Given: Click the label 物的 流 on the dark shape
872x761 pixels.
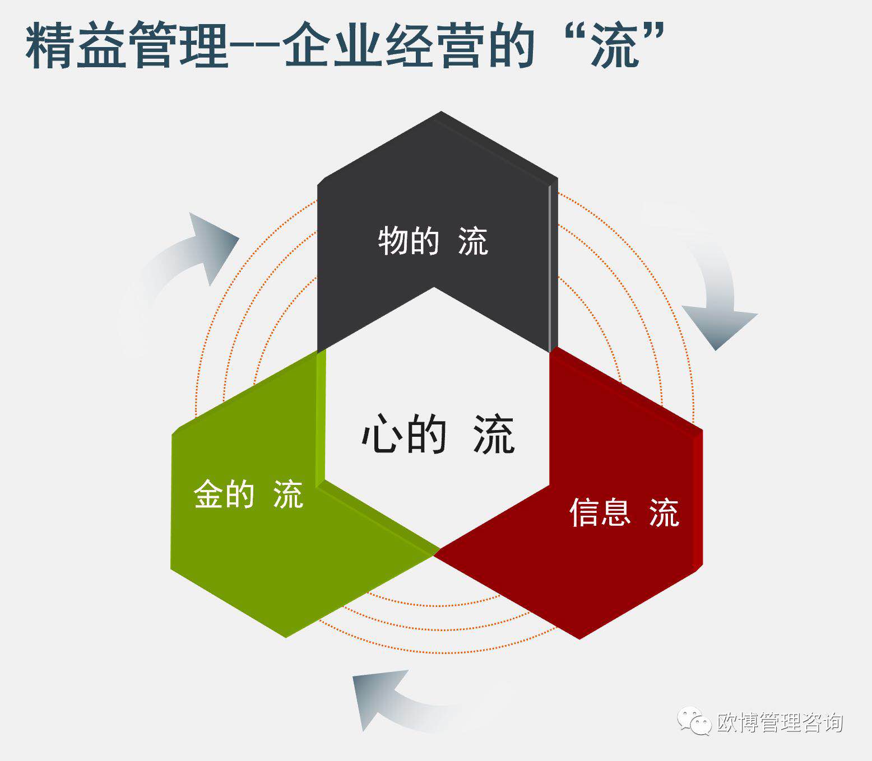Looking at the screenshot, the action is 433,241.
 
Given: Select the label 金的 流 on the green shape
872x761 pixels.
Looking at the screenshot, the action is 248,494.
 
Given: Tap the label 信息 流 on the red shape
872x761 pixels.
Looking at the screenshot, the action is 624,512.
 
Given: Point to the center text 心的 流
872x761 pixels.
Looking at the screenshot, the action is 438,434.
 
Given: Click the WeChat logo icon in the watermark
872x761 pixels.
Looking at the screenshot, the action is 694,721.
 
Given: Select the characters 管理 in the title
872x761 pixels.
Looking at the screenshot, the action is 179,45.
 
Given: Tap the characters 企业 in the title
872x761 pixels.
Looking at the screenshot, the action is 333,45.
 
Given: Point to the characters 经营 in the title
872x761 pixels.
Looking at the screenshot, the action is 435,45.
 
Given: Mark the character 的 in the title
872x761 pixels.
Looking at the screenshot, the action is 511,45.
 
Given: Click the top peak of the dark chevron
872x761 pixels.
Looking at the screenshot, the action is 441,112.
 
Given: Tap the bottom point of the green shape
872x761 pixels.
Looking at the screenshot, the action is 286,637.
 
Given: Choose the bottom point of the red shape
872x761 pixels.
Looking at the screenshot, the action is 579,639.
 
